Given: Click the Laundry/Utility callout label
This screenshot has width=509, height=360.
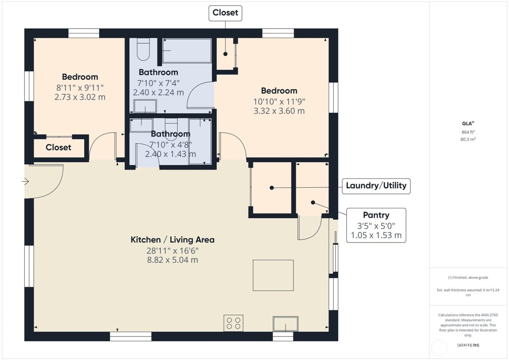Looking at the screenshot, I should point(376,186).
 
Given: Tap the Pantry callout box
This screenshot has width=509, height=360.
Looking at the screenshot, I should point(376,225).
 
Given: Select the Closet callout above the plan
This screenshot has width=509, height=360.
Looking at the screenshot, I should point(225,13).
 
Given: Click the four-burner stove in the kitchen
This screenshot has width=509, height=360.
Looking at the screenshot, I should point(233,323).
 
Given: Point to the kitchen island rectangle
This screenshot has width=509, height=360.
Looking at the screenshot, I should point(273,275).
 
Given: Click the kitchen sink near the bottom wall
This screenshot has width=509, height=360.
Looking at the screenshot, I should point(285,324).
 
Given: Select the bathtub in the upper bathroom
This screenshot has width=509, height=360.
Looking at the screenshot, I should point(187,51).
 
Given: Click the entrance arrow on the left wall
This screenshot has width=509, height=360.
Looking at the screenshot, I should point(25,181).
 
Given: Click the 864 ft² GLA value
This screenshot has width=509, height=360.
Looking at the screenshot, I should point(468,132).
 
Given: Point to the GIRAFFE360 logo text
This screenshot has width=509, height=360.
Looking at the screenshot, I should point(468,345).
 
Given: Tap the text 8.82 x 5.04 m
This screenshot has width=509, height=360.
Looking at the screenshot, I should point(172,260).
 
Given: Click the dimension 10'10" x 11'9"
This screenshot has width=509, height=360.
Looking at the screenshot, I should point(279,101).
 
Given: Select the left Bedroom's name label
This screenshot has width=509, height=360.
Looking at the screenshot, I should point(80,77).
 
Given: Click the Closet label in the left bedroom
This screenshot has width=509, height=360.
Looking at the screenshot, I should point(58,148).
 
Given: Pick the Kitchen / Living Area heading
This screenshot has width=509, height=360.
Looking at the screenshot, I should point(172,240).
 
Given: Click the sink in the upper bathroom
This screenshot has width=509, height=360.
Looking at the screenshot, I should point(145,107).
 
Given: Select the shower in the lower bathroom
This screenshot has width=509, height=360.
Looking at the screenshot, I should point(200,142).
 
